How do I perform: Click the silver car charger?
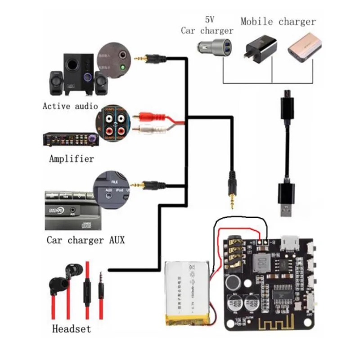pos(215,46)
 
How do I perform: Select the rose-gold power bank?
pos(305,49)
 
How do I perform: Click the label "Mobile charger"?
pos(278,21)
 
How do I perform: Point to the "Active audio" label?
pos(70,106)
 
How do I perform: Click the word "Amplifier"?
pos(72,158)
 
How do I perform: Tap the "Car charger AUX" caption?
pos(85,239)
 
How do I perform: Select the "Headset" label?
pos(72,328)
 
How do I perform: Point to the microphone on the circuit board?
pos(233,282)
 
